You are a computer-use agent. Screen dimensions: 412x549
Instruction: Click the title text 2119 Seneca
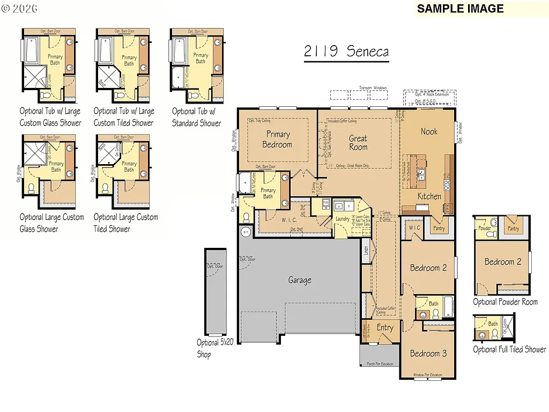[x=346, y=51]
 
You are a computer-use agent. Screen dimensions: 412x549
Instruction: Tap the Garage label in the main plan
[x=299, y=280]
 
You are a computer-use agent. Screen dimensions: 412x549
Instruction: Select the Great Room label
[x=358, y=143]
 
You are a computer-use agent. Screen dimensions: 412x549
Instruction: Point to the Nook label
[x=429, y=131]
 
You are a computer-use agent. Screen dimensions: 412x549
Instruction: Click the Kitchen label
[x=429, y=196]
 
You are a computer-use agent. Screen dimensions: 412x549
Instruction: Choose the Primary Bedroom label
[x=277, y=139]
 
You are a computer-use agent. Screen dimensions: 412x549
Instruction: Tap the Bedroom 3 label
[x=428, y=354]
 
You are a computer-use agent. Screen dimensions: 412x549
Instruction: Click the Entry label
[x=385, y=327]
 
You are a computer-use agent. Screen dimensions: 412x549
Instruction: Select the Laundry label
[x=342, y=219]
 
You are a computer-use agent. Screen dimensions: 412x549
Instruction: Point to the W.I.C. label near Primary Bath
[x=290, y=219]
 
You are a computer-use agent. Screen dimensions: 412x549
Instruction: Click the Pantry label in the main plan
[x=439, y=229]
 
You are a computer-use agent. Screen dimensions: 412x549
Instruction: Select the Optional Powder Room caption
[x=505, y=302]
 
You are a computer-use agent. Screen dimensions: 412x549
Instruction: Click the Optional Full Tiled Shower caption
[x=509, y=350]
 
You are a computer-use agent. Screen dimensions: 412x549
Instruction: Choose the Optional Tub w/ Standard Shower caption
[x=196, y=117]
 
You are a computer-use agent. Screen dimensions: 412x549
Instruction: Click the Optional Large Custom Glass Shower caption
[x=51, y=223]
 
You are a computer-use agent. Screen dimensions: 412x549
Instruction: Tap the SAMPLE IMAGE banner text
[x=460, y=9]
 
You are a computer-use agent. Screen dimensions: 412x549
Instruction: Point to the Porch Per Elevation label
[x=380, y=364]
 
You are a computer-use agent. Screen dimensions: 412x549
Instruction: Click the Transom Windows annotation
[x=372, y=88]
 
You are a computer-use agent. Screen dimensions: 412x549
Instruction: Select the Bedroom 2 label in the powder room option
[x=502, y=262]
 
